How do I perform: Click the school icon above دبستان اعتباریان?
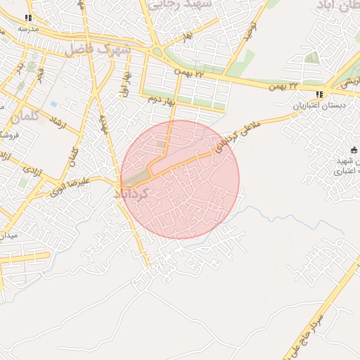coord(319,94)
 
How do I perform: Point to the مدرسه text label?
coord(27,29)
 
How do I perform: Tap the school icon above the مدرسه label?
coord(27,18)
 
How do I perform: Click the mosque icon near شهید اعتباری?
coord(354,150)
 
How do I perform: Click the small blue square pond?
coord(53,104)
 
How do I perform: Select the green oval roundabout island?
coord(157,52)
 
